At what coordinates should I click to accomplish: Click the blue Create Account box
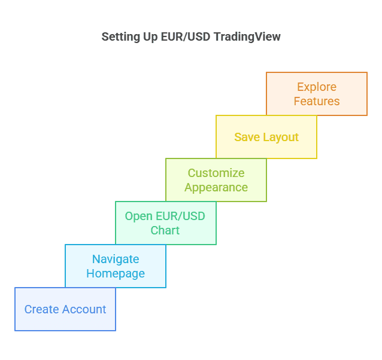(x=65, y=309)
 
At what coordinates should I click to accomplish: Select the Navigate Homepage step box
(x=116, y=266)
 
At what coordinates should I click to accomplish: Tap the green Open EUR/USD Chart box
(x=165, y=223)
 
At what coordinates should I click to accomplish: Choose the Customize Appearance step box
(x=216, y=180)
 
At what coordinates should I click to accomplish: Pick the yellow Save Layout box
(x=266, y=137)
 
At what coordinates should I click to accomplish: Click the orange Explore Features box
(x=317, y=94)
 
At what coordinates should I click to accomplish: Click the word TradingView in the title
(x=247, y=36)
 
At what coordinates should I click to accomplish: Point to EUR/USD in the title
(x=184, y=36)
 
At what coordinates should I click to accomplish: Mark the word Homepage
(x=116, y=274)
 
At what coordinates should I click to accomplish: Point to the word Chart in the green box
(x=165, y=231)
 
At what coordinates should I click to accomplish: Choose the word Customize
(x=216, y=173)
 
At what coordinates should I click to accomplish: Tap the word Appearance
(x=216, y=188)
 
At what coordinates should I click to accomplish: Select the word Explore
(x=317, y=87)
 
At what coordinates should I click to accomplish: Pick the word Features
(x=317, y=102)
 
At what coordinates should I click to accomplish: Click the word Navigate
(x=116, y=259)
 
